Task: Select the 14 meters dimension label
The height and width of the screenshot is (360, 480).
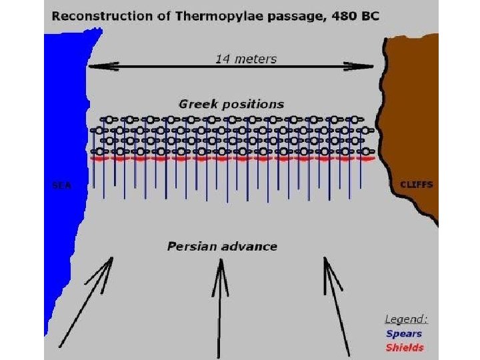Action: tap(245, 59)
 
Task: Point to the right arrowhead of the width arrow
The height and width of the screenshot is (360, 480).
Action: tap(370, 65)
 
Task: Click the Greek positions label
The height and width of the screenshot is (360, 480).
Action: tap(231, 104)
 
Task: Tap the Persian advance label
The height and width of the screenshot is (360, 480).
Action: tap(222, 247)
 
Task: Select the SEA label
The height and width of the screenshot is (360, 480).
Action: tap(62, 185)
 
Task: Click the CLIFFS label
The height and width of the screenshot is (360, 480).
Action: tap(416, 185)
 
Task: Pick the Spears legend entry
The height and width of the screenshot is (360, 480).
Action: tap(403, 333)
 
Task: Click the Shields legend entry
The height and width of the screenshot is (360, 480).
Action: tap(404, 347)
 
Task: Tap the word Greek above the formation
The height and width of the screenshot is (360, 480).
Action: tap(195, 104)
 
